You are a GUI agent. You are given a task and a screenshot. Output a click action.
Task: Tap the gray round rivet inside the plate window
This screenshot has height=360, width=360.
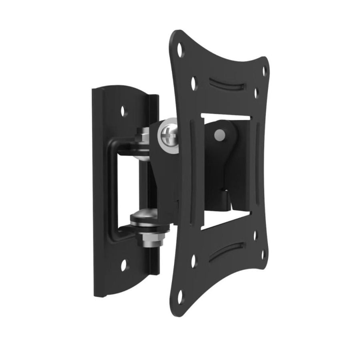(x=219, y=135)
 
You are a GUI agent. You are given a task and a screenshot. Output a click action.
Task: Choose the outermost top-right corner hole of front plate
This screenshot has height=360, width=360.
(x=264, y=70)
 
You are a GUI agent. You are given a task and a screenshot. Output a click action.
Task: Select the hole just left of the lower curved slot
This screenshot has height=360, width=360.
(x=194, y=260)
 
